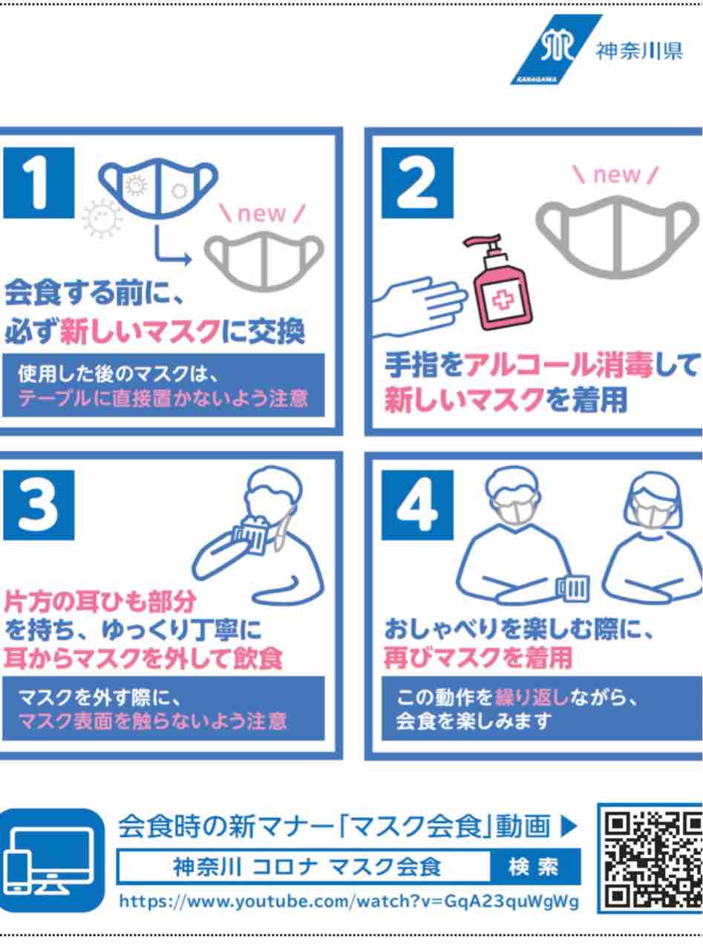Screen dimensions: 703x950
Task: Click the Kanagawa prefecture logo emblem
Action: click(x=555, y=50)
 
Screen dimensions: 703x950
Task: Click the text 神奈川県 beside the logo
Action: click(x=639, y=51)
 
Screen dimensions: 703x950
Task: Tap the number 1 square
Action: click(x=39, y=183)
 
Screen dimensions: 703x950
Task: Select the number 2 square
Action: click(x=417, y=183)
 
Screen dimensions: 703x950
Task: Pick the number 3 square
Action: click(x=39, y=505)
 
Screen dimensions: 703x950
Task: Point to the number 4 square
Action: click(x=417, y=505)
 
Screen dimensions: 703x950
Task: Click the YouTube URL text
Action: click(x=349, y=901)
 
